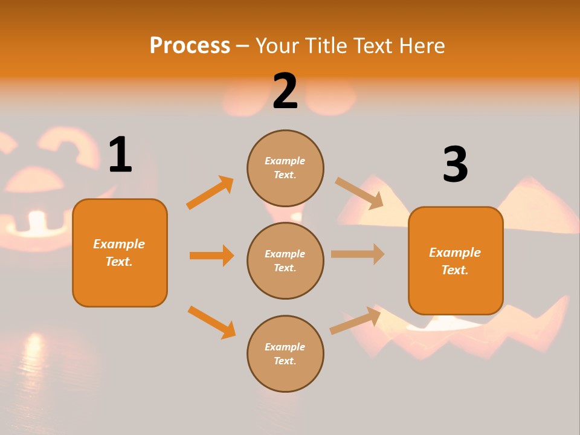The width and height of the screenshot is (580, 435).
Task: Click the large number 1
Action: pyautogui.click(x=120, y=155)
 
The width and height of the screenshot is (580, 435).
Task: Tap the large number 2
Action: pyautogui.click(x=285, y=91)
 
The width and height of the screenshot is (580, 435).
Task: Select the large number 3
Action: pyautogui.click(x=455, y=164)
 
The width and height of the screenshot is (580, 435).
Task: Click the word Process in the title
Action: pyautogui.click(x=190, y=45)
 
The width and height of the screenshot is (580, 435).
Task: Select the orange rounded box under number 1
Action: pyautogui.click(x=120, y=253)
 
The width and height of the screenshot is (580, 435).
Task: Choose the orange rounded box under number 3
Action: pyautogui.click(x=456, y=260)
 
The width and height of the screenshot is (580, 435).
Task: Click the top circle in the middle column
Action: pyautogui.click(x=285, y=168)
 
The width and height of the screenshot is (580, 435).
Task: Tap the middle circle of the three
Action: pyautogui.click(x=285, y=260)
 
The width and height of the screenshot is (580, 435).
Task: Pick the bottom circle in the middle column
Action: pyautogui.click(x=285, y=353)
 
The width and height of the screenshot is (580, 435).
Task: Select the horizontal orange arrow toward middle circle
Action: pyautogui.click(x=211, y=256)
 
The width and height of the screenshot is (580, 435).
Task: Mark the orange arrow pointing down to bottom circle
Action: pyautogui.click(x=212, y=322)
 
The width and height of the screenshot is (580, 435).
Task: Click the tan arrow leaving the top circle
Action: pyautogui.click(x=359, y=193)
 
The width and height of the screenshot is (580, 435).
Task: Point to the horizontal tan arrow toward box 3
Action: pyautogui.click(x=358, y=254)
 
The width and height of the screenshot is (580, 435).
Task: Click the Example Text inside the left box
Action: pyautogui.click(x=119, y=253)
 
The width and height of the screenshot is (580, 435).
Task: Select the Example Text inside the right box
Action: pyautogui.click(x=455, y=261)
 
